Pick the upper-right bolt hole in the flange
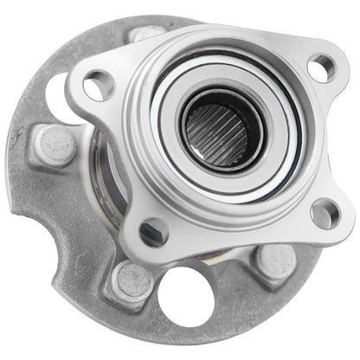point(320,67)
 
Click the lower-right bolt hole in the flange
point(325,213)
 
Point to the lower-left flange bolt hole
point(154,230)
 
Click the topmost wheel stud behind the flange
point(147,35)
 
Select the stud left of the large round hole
point(132,281)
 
